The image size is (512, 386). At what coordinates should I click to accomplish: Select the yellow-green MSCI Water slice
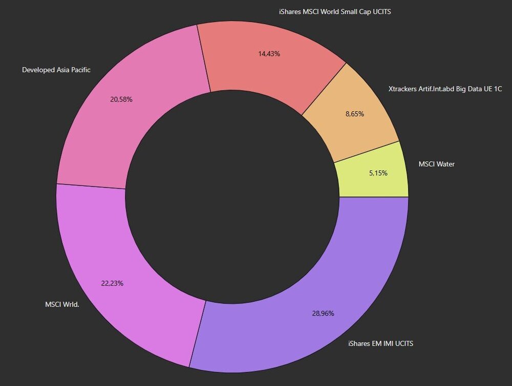tap(375, 173)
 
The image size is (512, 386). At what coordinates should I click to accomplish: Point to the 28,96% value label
tap(323, 313)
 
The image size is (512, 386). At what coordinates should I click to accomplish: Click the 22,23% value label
tap(112, 284)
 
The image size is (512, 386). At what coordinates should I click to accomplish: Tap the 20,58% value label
tap(121, 100)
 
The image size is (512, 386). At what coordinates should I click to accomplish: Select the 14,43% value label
tap(269, 54)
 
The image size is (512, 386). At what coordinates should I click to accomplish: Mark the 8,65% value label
tap(355, 114)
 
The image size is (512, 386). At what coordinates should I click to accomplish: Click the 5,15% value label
tap(378, 173)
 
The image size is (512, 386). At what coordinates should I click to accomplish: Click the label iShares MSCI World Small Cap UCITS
tap(335, 12)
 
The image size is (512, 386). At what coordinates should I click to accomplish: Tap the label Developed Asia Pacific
tap(56, 70)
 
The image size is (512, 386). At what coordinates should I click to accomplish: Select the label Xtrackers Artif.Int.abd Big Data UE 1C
tap(445, 89)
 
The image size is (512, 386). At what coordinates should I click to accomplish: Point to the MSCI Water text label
tap(437, 164)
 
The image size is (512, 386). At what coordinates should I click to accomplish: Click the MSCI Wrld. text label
tap(62, 305)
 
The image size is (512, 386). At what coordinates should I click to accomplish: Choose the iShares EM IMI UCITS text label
tap(380, 344)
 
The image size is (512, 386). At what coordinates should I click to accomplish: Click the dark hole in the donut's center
tap(232, 197)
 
